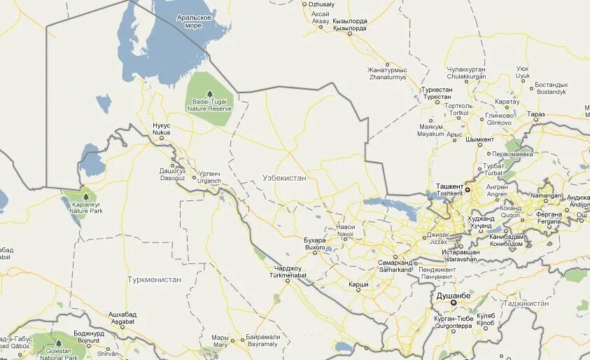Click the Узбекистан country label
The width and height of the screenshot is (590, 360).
pyautogui.click(x=284, y=178)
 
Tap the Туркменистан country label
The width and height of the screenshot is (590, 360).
pyautogui.click(x=154, y=279)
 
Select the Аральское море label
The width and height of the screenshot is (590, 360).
pyautogui.click(x=194, y=21)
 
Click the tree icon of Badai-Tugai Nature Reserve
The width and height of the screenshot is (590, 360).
pyautogui.click(x=209, y=93)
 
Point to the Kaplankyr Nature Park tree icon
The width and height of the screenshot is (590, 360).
pyautogui.click(x=86, y=197)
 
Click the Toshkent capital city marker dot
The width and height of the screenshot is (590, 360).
pyautogui.click(x=468, y=190)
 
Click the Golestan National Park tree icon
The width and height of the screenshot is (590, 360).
pyautogui.click(x=58, y=343)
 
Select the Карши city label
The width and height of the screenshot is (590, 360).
pyautogui.click(x=358, y=284)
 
